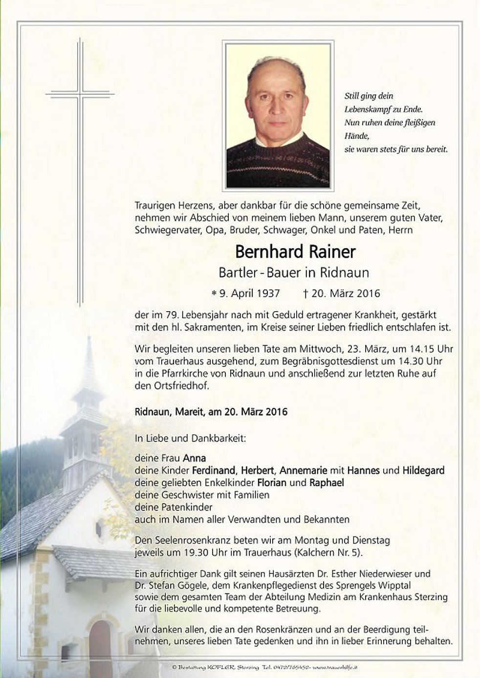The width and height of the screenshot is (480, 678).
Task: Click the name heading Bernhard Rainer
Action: [295, 252]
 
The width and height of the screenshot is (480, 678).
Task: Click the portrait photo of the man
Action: [278, 115]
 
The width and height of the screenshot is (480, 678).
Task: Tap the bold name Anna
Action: [194, 458]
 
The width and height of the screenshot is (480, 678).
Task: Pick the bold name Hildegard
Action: [423, 470]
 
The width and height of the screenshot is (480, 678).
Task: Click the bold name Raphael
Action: [327, 483]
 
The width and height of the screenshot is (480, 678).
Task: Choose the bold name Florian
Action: [272, 483]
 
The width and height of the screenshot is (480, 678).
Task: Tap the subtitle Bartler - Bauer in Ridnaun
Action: [294, 273]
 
